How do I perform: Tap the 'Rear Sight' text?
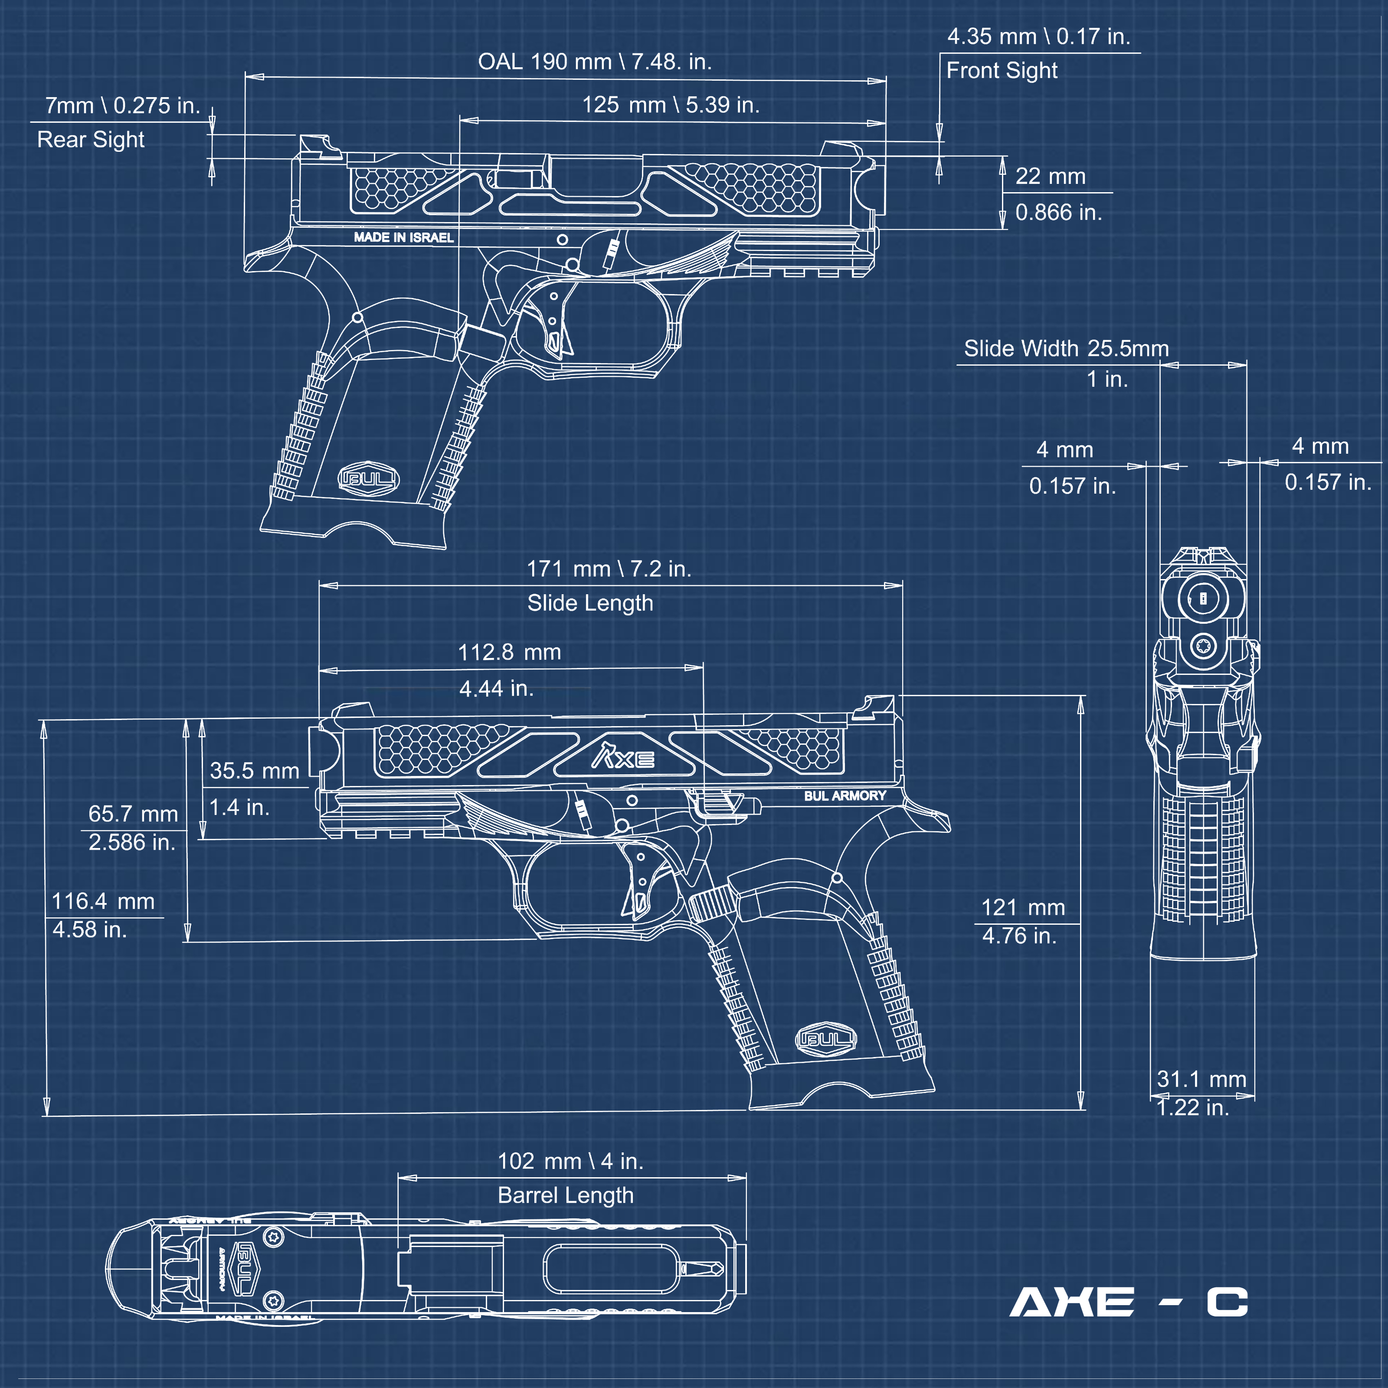91,139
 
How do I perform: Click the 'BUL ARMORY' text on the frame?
845,796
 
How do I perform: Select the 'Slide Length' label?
590,603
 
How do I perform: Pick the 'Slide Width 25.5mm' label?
1066,348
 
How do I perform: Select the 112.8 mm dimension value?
509,652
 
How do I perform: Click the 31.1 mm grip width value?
1201,1079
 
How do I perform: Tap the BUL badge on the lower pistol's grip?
826,1039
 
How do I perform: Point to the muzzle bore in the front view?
1203,598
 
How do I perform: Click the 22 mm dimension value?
1050,177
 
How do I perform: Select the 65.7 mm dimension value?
133,814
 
